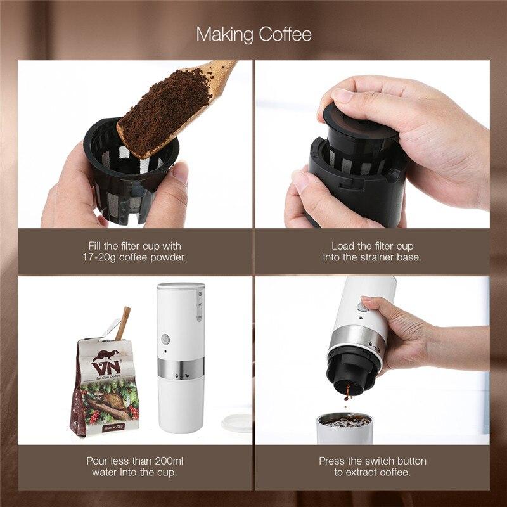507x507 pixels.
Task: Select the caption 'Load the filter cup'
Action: (368, 245)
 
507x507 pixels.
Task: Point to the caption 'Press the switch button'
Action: (372, 461)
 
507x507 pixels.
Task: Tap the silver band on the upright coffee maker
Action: (181, 368)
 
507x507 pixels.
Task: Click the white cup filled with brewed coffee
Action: (344, 428)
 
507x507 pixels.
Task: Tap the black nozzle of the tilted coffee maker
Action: (347, 376)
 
